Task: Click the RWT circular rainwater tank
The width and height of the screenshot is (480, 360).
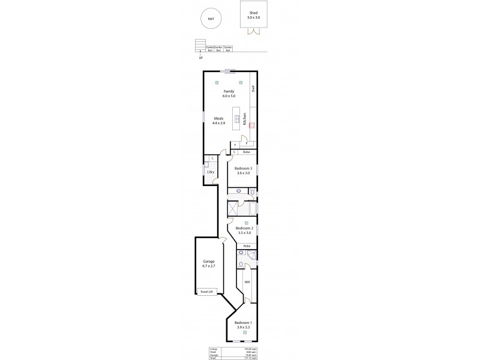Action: pos(210,19)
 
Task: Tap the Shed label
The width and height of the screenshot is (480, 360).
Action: pos(253,12)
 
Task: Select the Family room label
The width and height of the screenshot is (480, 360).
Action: pos(229,91)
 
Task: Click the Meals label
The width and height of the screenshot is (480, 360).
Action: pos(218,119)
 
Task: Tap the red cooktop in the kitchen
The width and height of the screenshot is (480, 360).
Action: pos(252,125)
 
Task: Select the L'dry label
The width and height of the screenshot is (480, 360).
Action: pos(210,172)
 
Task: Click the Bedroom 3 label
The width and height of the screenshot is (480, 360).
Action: pos(242,169)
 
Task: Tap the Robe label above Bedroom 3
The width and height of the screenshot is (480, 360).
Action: pos(246,152)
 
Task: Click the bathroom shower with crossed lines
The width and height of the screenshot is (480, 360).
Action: pos(232,208)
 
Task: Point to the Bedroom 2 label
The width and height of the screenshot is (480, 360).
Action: pos(244,229)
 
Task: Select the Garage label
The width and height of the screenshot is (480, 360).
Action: pos(208,262)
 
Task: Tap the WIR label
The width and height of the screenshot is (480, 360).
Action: pos(247,281)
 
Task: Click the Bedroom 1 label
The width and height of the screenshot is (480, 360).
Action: pos(243,323)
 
